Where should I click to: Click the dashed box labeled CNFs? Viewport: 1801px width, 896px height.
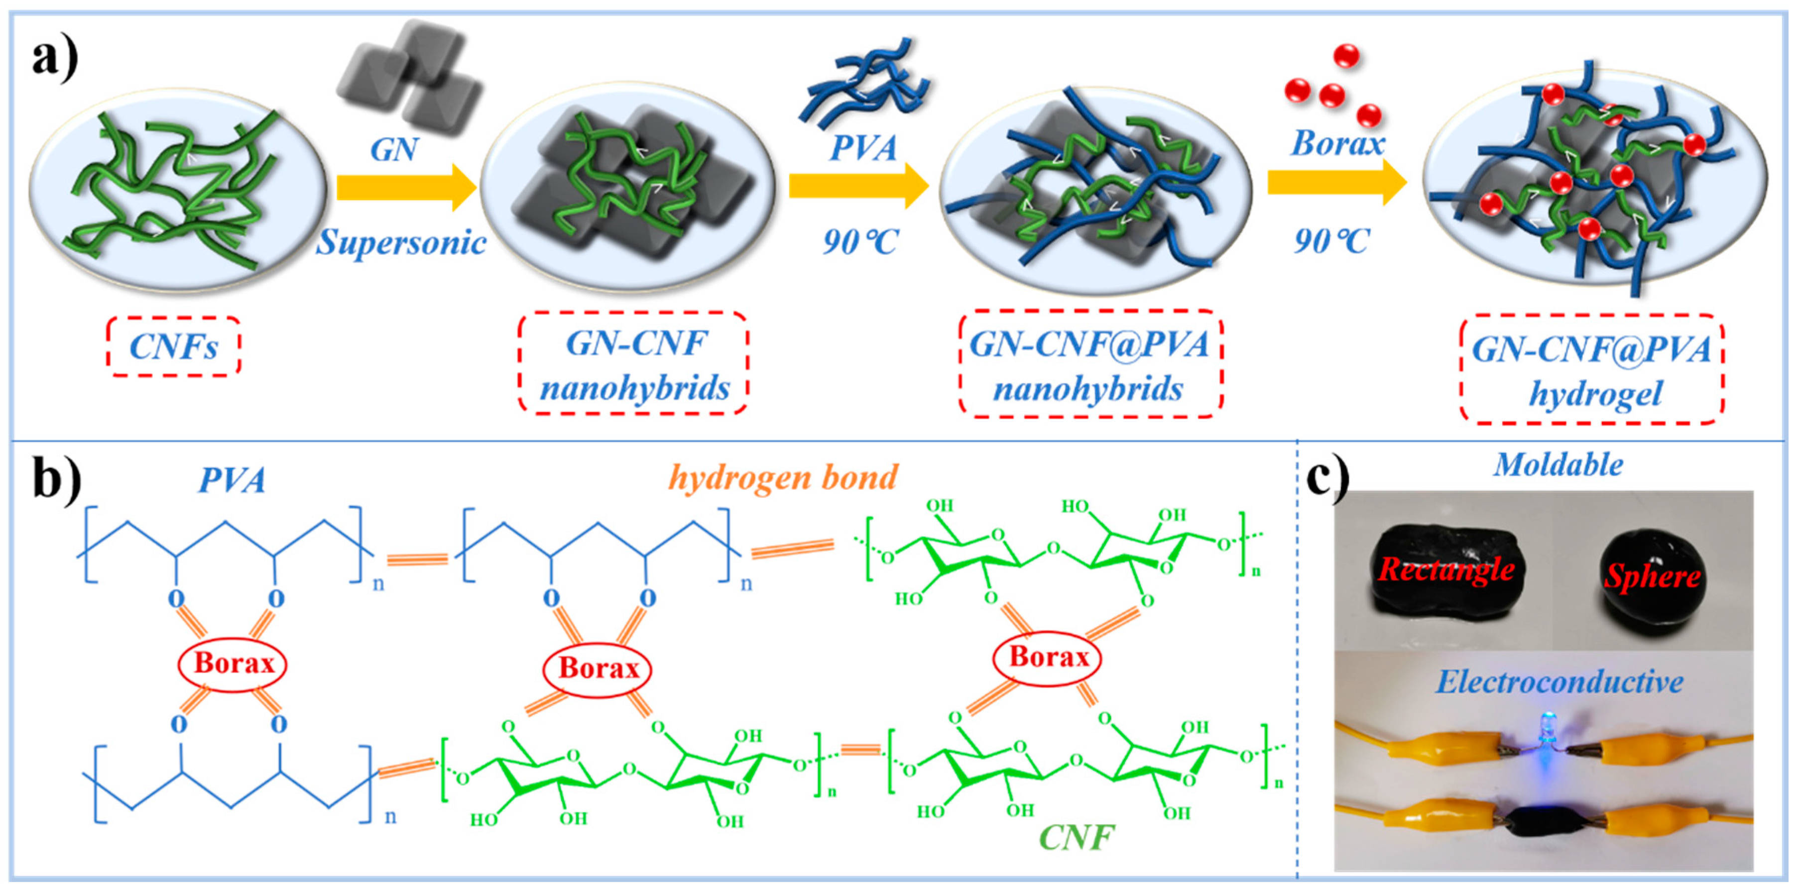[173, 346]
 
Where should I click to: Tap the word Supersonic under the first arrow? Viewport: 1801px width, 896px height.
[401, 242]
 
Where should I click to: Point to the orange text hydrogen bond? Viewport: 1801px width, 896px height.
[782, 478]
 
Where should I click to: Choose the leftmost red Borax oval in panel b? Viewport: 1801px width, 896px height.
[233, 663]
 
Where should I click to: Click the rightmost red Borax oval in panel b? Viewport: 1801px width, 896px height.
[1047, 657]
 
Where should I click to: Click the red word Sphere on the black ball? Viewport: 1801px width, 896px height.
[1652, 576]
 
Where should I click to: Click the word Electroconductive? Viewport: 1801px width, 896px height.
[1559, 681]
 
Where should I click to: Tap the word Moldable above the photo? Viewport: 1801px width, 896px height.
[1558, 465]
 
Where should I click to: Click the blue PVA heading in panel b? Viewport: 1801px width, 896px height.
[232, 481]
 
